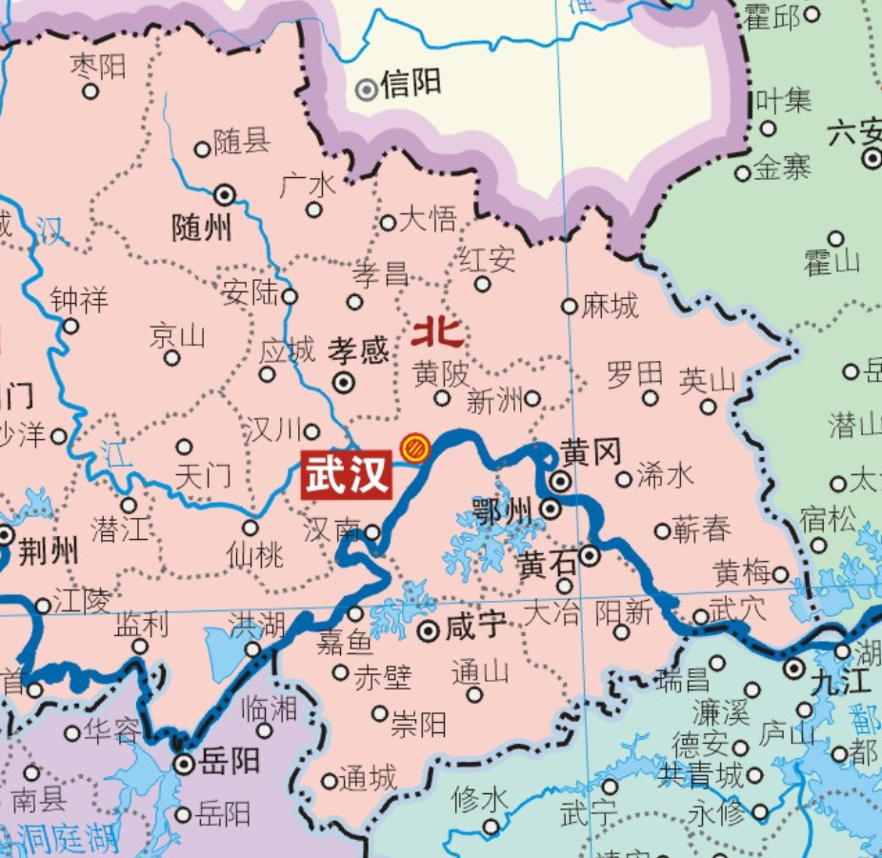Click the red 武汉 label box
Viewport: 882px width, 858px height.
pos(347,473)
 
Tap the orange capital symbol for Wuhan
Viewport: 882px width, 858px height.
pos(413,447)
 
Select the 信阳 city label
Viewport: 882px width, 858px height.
pos(411,86)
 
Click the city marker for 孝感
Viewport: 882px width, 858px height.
pos(343,383)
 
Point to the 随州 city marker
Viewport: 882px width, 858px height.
pos(226,195)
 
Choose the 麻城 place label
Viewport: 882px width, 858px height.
pos(610,306)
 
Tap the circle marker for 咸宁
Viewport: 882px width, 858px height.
pos(429,629)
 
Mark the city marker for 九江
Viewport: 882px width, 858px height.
pos(794,668)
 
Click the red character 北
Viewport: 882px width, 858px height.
pos(438,332)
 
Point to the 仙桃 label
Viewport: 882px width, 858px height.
pos(254,554)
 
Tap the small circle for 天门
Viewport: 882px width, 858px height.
pos(185,447)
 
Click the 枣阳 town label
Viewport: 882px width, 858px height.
pos(98,66)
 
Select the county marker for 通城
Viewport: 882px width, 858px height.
pos(330,781)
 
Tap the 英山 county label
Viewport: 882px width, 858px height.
pos(707,380)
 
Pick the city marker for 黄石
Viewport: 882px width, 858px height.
pos(591,555)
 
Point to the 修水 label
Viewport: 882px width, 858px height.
pos(479,800)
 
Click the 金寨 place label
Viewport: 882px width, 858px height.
pos(782,169)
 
